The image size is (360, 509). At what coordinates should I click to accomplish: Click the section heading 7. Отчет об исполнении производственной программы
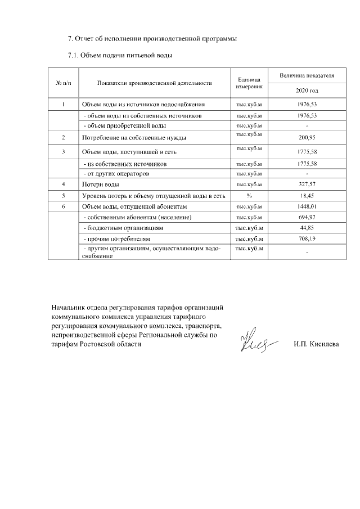click(x=151, y=39)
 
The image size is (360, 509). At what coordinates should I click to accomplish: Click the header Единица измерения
click(x=248, y=83)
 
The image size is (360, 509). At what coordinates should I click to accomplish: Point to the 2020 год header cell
click(x=307, y=91)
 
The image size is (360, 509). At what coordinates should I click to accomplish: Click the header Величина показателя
click(x=307, y=75)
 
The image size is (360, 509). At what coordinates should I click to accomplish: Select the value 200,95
click(x=307, y=137)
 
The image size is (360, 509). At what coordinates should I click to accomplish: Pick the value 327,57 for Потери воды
click(x=307, y=184)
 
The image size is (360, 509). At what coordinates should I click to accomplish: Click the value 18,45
click(x=307, y=195)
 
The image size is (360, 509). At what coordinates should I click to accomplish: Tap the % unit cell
click(x=248, y=195)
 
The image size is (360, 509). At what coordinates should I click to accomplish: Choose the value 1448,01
click(x=307, y=206)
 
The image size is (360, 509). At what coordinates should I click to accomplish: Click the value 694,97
click(x=307, y=217)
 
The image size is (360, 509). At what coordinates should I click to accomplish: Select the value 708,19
click(x=307, y=239)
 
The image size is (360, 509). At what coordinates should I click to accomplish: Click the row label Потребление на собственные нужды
click(x=134, y=137)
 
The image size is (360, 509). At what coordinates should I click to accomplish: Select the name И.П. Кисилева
click(x=316, y=344)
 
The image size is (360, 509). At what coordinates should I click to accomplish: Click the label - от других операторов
click(x=116, y=173)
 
